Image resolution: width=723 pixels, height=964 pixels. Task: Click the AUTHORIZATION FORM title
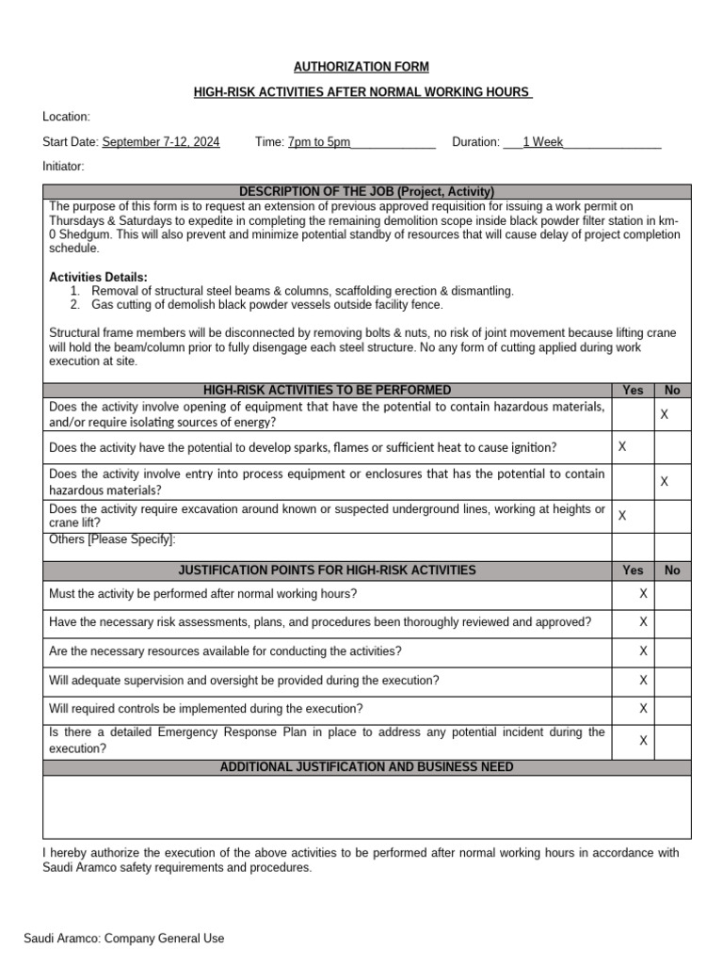tap(361, 67)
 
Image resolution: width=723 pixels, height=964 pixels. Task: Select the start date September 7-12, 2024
tap(161, 142)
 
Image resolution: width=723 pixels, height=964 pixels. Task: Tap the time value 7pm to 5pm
tap(319, 142)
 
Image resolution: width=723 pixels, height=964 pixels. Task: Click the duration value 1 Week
tap(542, 142)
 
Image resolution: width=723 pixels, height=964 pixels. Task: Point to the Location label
tap(66, 117)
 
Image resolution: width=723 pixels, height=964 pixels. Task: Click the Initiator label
tap(63, 167)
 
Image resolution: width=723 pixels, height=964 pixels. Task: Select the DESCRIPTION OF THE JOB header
tap(366, 191)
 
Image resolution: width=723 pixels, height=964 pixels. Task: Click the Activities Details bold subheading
tap(98, 277)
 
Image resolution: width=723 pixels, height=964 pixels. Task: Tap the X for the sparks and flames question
tap(622, 446)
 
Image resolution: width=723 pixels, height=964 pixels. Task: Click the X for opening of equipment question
tap(664, 414)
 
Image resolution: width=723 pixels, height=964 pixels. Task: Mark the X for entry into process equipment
tap(664, 481)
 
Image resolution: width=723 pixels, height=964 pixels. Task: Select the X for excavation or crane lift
tap(622, 515)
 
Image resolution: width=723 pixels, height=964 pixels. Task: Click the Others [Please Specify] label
tap(112, 539)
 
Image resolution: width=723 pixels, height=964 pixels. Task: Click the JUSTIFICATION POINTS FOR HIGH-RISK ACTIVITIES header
tap(327, 570)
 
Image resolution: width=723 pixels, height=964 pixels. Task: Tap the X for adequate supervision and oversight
tap(643, 680)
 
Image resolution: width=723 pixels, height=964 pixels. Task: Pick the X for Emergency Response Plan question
tap(643, 741)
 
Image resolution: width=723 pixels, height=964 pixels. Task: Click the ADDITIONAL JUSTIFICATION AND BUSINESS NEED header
tap(366, 767)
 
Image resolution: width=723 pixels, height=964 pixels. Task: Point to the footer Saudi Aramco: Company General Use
tap(124, 939)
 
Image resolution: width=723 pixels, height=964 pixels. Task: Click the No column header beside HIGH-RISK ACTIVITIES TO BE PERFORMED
tap(672, 390)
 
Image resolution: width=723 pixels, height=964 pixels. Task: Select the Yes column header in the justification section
tap(634, 570)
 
